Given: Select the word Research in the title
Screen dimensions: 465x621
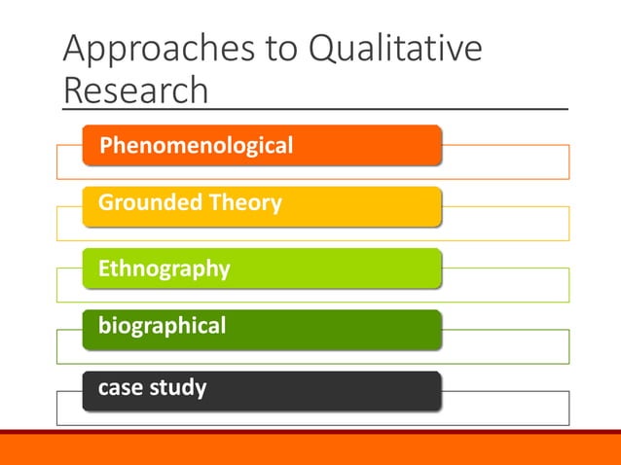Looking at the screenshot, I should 135,90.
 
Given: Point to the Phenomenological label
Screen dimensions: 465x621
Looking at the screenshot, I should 196,146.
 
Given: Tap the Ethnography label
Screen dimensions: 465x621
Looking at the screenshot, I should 164,268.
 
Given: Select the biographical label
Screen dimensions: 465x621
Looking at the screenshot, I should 162,325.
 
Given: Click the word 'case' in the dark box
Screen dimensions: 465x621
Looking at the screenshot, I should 121,387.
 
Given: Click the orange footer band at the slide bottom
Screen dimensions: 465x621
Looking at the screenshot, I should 310,449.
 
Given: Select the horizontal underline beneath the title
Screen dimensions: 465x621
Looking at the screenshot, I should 389,109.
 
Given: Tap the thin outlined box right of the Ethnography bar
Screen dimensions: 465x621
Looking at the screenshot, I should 506,284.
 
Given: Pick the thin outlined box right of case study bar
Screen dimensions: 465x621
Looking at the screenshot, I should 506,408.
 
